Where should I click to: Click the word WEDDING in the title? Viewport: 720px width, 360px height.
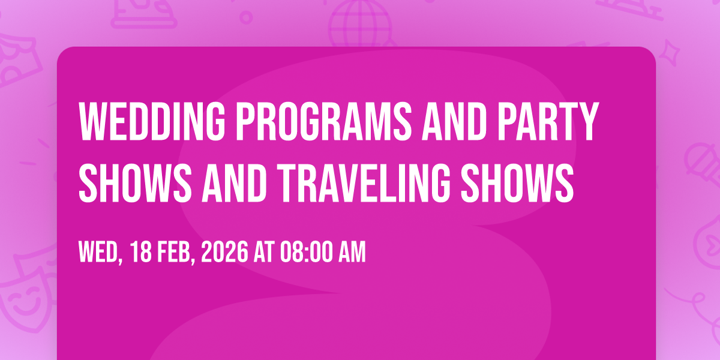pyautogui.click(x=152, y=121)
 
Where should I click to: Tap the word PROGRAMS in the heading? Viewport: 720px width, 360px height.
pyautogui.click(x=324, y=121)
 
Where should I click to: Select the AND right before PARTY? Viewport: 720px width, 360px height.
pyautogui.click(x=454, y=121)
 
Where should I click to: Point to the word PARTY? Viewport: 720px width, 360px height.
pyautogui.click(x=547, y=121)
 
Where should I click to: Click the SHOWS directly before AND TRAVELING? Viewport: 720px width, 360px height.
pyautogui.click(x=135, y=183)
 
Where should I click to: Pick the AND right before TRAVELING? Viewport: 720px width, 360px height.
pyautogui.click(x=233, y=183)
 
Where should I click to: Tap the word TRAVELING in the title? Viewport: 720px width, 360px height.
pyautogui.click(x=364, y=183)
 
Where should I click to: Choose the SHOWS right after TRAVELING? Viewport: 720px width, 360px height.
pyautogui.click(x=517, y=183)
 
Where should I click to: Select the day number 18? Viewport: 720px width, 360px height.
pyautogui.click(x=141, y=252)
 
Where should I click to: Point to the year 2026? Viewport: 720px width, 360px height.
pyautogui.click(x=224, y=252)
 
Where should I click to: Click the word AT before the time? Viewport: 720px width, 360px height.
pyautogui.click(x=264, y=252)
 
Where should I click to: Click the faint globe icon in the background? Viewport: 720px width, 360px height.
pyautogui.click(x=360, y=23)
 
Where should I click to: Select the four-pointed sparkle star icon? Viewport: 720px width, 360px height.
pyautogui.click(x=670, y=53)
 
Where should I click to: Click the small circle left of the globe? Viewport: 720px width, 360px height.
pyautogui.click(x=246, y=17)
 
